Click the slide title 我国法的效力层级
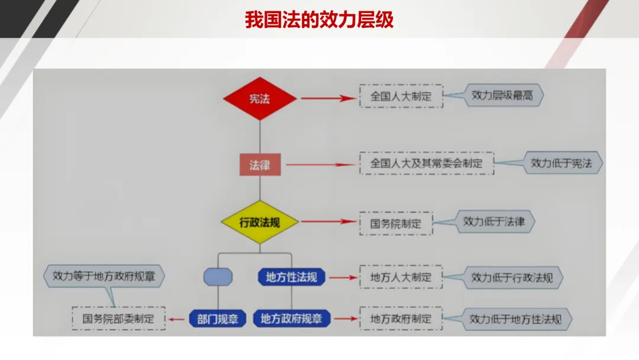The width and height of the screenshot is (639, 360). [319, 20]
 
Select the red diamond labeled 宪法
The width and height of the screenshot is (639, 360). [260, 98]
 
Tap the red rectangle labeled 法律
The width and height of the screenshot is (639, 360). [260, 165]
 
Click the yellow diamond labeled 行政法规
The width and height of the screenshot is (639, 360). [260, 223]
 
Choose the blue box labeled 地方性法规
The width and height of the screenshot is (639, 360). [292, 277]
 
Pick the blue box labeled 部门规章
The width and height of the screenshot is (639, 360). [217, 319]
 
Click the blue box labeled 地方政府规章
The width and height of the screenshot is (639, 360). [292, 319]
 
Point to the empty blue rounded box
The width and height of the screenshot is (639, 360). [218, 277]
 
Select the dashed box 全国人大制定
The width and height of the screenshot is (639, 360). [401, 97]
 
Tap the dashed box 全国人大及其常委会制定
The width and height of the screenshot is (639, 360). [427, 163]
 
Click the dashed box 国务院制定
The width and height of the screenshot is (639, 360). [396, 223]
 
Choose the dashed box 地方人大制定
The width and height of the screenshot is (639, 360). [401, 277]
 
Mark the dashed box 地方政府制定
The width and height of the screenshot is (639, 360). [401, 319]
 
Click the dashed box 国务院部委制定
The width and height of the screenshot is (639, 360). [118, 319]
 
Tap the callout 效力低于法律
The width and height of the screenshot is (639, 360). [495, 221]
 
